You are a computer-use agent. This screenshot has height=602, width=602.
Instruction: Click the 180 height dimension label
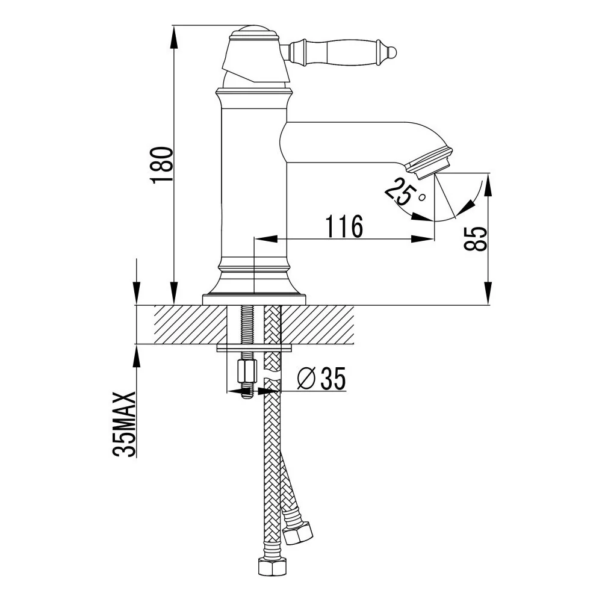pyautogui.click(x=161, y=165)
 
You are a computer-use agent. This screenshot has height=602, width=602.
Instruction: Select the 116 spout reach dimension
pyautogui.click(x=344, y=226)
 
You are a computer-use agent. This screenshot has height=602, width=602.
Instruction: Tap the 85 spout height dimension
pyautogui.click(x=476, y=239)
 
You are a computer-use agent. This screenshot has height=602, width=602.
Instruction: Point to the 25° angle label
pyautogui.click(x=404, y=192)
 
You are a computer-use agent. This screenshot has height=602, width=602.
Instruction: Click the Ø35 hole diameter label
pyautogui.click(x=321, y=378)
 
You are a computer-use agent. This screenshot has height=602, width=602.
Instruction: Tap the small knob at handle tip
pyautogui.click(x=393, y=51)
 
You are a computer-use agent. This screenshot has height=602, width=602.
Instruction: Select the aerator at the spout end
pyautogui.click(x=429, y=163)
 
